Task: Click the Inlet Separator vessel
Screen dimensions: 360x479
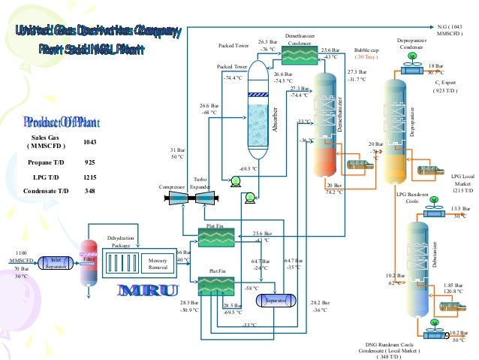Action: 56,262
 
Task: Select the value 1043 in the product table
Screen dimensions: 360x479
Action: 90,142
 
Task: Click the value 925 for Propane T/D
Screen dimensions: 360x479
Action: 90,162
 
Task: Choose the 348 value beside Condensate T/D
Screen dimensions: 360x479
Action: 90,191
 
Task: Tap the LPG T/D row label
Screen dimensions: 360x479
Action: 44,177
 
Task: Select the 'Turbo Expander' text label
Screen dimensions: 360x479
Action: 200,183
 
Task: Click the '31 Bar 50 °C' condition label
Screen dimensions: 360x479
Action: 177,153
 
